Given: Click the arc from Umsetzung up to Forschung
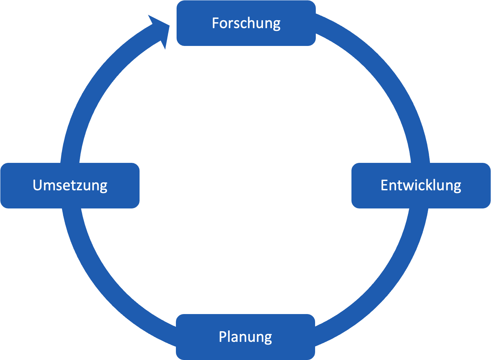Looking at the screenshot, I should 99,89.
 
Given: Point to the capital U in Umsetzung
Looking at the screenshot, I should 37,185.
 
